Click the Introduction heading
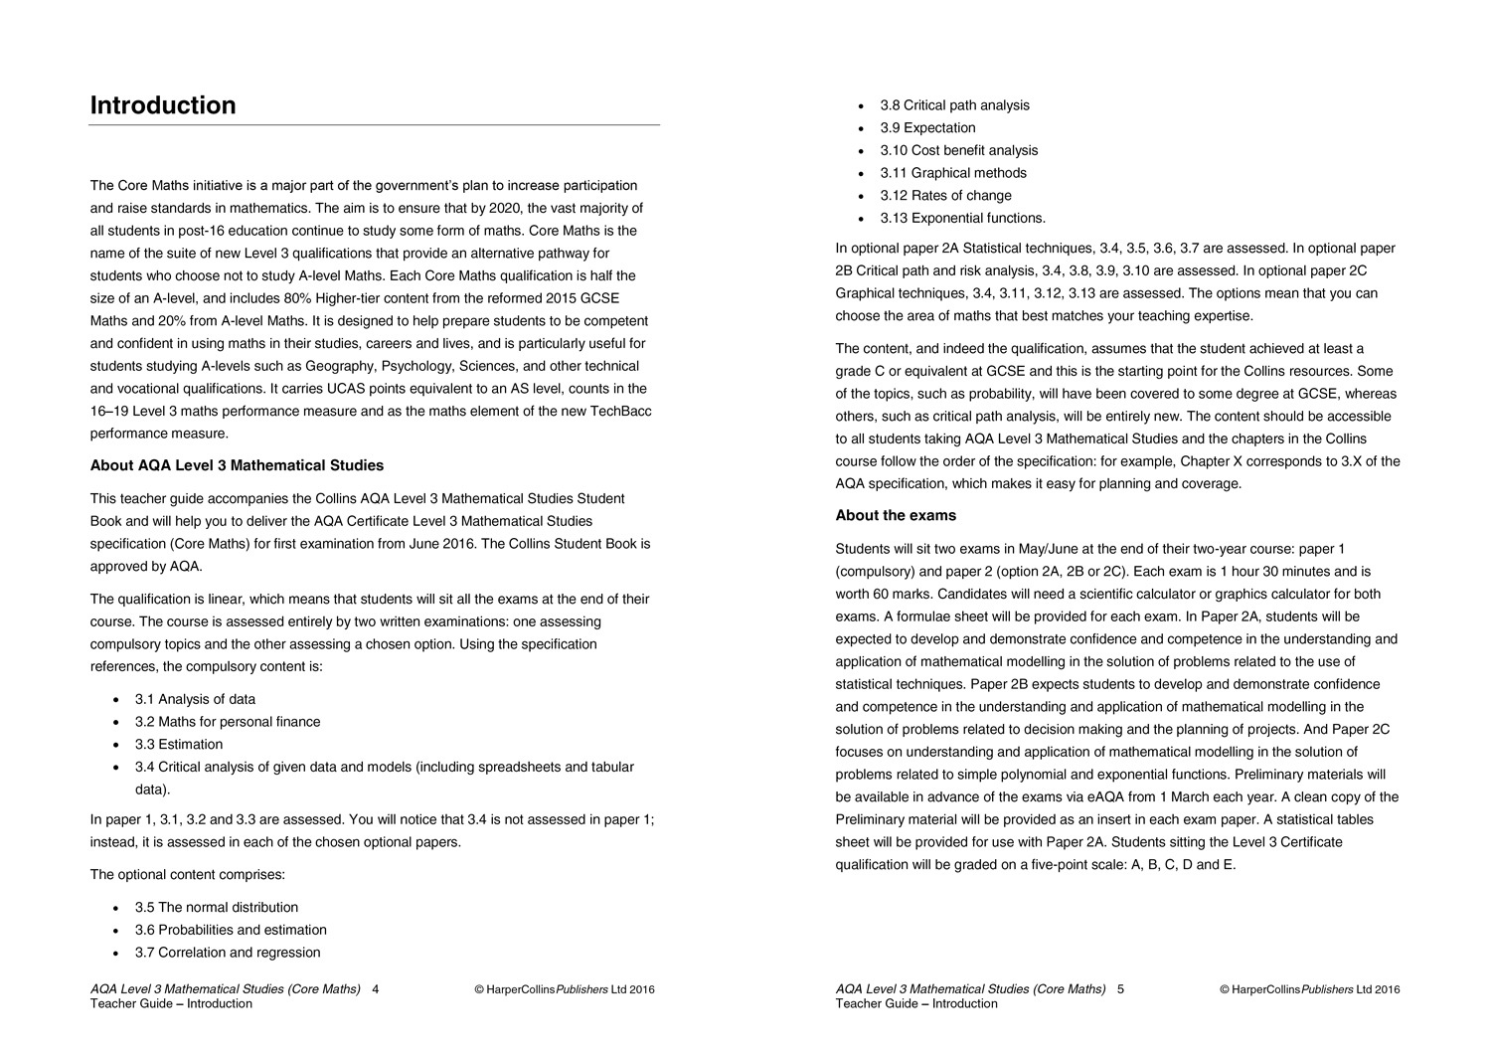[163, 105]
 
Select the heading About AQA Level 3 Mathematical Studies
[237, 465]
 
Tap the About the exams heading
[896, 515]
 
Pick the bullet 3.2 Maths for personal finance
[228, 722]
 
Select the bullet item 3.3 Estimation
[179, 744]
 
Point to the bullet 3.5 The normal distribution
[217, 907]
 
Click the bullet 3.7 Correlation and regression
[228, 953]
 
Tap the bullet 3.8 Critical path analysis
[954, 105]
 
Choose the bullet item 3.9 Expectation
[927, 128]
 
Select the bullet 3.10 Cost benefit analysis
[958, 150]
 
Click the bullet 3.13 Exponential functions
[962, 218]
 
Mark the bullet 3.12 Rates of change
[945, 196]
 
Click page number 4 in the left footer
[376, 989]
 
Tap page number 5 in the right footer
[1120, 989]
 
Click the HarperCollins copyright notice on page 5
[1309, 989]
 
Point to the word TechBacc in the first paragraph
[620, 411]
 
